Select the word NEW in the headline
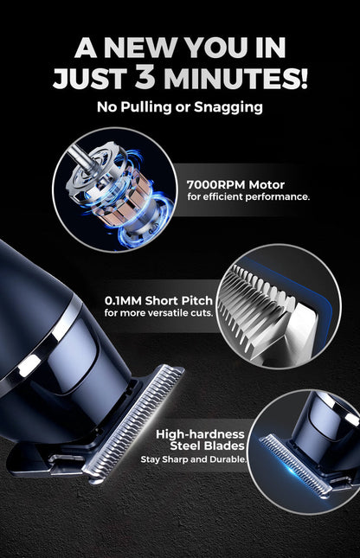(148, 47)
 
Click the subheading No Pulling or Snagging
(180, 107)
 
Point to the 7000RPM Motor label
(235, 184)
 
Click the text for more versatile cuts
(157, 312)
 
